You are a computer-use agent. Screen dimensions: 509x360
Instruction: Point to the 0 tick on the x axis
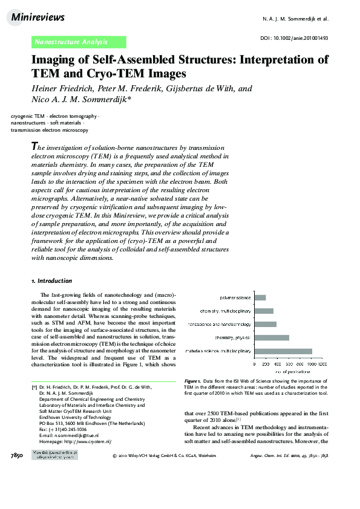point(255,364)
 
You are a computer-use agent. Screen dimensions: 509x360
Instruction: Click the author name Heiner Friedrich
point(62,89)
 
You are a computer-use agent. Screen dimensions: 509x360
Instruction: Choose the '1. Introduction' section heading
point(51,281)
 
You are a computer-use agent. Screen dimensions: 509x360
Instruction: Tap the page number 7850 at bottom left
point(17,455)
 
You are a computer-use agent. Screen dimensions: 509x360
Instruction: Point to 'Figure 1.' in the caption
point(192,381)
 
